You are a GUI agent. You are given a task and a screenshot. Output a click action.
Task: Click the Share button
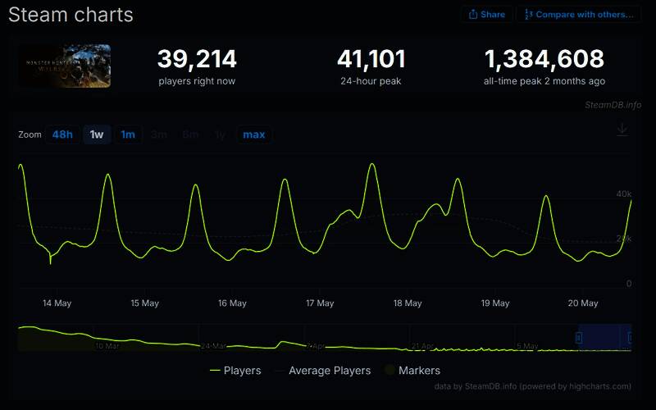[487, 14]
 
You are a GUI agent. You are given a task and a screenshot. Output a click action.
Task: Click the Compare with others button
[579, 14]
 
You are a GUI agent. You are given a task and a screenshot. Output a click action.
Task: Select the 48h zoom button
[62, 134]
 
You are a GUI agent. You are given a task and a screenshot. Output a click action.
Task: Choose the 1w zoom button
[97, 134]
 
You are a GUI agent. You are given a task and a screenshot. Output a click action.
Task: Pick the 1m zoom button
[128, 134]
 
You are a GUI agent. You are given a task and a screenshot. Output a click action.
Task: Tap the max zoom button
[254, 134]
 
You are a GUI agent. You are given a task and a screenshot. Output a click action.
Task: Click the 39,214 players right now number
[197, 59]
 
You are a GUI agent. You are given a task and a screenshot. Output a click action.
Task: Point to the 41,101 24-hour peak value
[371, 59]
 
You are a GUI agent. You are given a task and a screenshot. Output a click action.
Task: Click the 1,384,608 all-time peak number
[544, 59]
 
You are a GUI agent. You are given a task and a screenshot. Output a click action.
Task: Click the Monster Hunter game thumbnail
[65, 66]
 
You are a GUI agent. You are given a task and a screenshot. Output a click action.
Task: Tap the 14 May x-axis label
[57, 303]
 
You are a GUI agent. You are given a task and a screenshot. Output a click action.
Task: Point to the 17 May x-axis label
[320, 303]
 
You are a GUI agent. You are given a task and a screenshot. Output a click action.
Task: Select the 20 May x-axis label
[583, 303]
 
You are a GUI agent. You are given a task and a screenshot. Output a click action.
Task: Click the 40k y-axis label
[624, 194]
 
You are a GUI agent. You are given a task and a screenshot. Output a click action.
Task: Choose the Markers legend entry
[419, 371]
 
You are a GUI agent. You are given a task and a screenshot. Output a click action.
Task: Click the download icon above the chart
[622, 130]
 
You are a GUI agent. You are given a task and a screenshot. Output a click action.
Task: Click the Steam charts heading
[71, 15]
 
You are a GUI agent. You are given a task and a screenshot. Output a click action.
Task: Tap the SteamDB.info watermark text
[613, 105]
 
